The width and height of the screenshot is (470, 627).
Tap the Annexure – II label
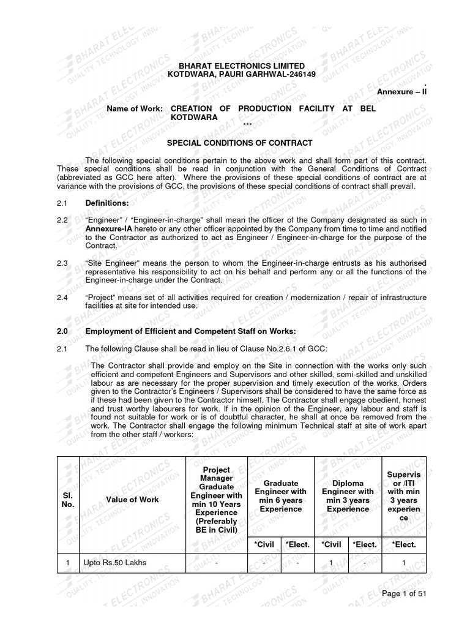pos(401,91)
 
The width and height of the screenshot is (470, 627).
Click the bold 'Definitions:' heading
pos(107,202)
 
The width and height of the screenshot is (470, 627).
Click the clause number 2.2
pos(62,219)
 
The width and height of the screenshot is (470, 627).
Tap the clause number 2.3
pos(62,263)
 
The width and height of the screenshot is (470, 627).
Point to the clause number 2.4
pos(62,298)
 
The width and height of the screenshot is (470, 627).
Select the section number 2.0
pos(62,331)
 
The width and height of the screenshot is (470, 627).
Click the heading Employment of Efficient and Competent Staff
pos(190,331)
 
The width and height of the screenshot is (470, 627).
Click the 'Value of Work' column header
pos(132,500)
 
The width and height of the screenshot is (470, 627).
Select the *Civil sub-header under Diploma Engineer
pos(331,544)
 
